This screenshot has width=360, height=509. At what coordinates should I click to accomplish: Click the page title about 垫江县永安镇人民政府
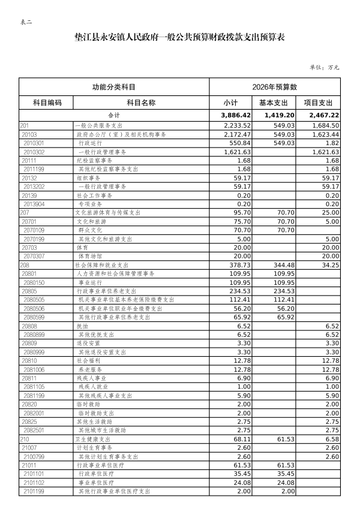pos(179,37)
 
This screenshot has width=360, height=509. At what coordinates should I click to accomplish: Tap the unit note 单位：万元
pos(324,67)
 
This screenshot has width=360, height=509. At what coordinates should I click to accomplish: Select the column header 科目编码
pos(46,103)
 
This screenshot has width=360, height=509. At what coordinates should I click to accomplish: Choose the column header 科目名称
pos(141,103)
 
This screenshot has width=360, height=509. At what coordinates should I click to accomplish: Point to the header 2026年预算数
pos(275,88)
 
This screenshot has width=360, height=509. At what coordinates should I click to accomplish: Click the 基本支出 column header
pos(274,103)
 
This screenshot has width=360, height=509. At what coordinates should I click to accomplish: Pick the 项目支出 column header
pos(319,103)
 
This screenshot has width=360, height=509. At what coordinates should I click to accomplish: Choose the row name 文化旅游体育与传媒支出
pos(108,212)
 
